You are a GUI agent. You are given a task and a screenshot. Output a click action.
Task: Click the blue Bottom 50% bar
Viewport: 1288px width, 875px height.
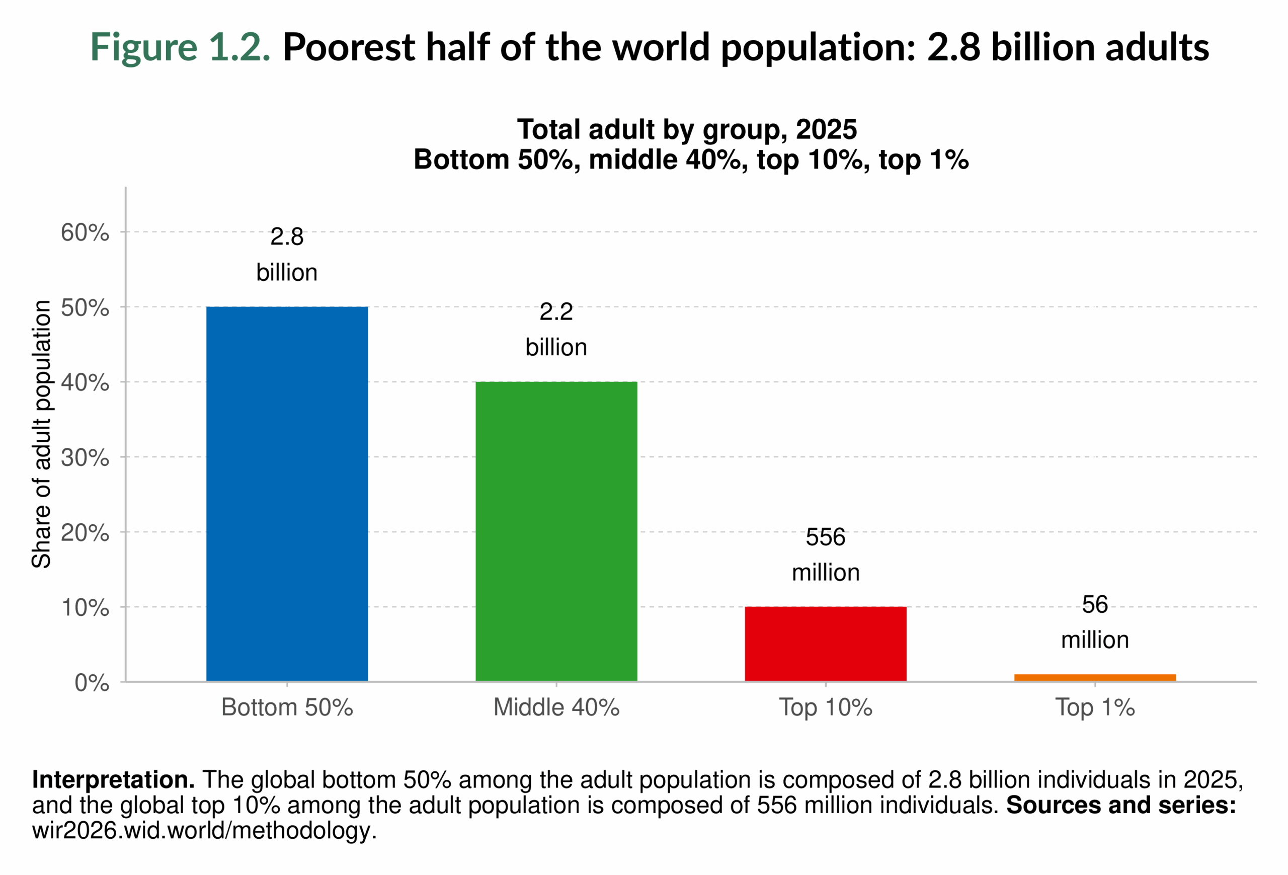click(x=287, y=493)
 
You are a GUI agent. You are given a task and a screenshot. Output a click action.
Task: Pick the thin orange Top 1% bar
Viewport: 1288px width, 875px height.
click(x=1095, y=678)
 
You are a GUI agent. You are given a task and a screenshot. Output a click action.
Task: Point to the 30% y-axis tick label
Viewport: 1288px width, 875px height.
click(x=85, y=458)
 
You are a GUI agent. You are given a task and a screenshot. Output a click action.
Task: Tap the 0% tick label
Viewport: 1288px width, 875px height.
click(x=92, y=683)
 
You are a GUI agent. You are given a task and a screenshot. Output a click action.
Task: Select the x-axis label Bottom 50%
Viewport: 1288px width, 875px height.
click(x=287, y=707)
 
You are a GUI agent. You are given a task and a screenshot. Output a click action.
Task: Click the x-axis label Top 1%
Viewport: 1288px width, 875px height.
click(x=1095, y=707)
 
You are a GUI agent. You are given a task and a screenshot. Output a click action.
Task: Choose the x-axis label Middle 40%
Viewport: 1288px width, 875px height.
click(x=556, y=707)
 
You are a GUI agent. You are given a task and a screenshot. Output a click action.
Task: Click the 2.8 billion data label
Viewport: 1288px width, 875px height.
click(x=287, y=255)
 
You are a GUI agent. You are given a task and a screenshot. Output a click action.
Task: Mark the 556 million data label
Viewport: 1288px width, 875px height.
click(x=825, y=554)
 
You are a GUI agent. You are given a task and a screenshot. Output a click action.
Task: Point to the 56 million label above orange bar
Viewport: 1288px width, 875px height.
click(x=1095, y=622)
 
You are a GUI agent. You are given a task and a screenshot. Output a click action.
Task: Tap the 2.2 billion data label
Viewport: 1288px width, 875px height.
click(x=556, y=329)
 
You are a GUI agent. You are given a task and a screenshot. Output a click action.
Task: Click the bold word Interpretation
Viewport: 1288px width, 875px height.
click(x=113, y=780)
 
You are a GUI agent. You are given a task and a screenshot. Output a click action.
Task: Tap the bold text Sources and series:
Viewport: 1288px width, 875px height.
click(x=1120, y=805)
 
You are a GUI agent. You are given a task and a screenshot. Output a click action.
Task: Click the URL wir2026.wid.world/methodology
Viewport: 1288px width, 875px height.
click(x=204, y=831)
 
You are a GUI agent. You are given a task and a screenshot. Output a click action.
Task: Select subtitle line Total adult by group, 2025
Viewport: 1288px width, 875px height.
click(x=687, y=130)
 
